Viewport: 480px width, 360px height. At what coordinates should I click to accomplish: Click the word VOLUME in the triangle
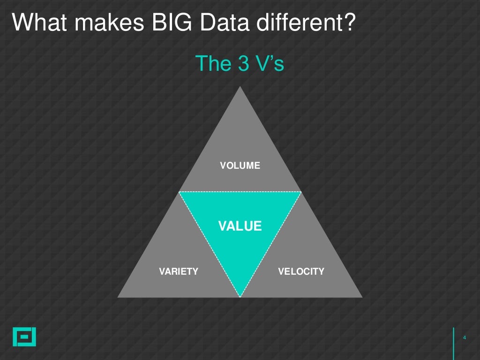coord(240,165)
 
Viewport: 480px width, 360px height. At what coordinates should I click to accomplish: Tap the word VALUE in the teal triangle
coord(240,226)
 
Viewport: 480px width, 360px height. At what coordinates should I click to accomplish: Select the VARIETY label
coord(179,271)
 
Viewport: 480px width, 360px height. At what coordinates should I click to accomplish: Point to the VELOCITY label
coord(301,271)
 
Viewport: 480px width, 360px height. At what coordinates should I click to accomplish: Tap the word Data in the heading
coord(239,23)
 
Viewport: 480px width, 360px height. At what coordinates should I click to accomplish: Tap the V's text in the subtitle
coord(269,64)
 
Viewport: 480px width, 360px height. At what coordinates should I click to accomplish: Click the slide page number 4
coord(464,337)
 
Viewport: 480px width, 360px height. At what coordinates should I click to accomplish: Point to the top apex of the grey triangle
coord(240,88)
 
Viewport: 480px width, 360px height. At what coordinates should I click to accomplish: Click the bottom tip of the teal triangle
coord(240,296)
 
